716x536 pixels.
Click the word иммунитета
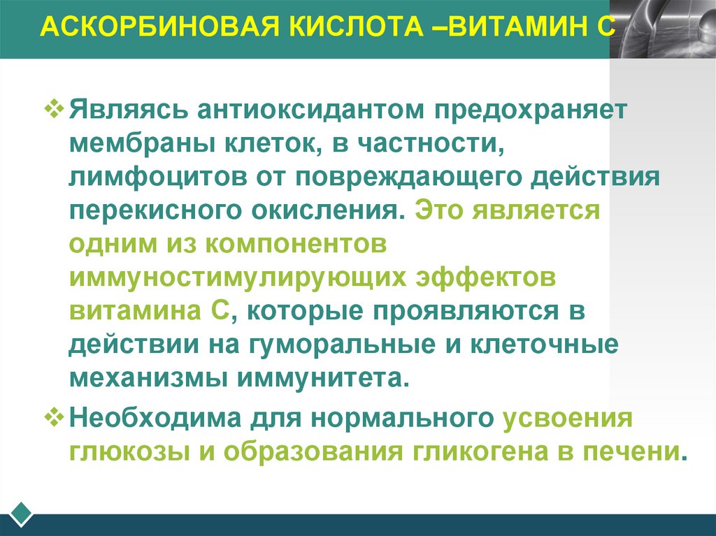[x=322, y=378]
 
